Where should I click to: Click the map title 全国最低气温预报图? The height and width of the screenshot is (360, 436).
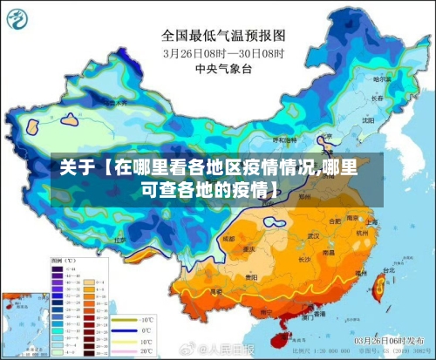223,36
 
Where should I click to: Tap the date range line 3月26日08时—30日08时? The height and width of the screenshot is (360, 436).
223,52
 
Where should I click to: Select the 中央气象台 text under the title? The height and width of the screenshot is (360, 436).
223,67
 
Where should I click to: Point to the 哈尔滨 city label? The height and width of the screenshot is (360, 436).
381,79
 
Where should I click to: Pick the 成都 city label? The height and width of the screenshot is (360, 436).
228,237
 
